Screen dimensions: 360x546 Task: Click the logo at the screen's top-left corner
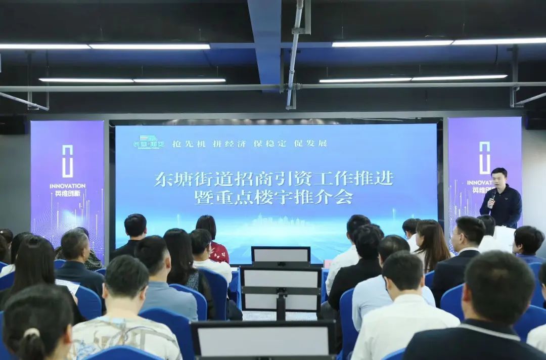(x=149, y=142)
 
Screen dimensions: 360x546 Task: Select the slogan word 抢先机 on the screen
(x=189, y=144)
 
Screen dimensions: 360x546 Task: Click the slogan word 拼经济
(x=229, y=144)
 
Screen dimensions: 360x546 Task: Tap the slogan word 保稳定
(x=269, y=143)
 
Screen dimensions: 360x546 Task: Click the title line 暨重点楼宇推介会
(x=274, y=197)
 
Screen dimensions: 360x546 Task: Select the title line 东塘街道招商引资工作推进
(x=274, y=178)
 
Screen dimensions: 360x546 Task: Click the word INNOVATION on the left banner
(x=67, y=186)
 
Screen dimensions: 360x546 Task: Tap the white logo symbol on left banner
(x=67, y=161)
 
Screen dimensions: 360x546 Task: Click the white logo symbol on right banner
(x=484, y=157)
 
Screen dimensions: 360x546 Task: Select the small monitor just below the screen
(x=281, y=255)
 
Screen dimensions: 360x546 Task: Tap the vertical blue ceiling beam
(x=265, y=40)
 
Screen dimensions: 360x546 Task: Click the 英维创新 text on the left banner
(x=67, y=193)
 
